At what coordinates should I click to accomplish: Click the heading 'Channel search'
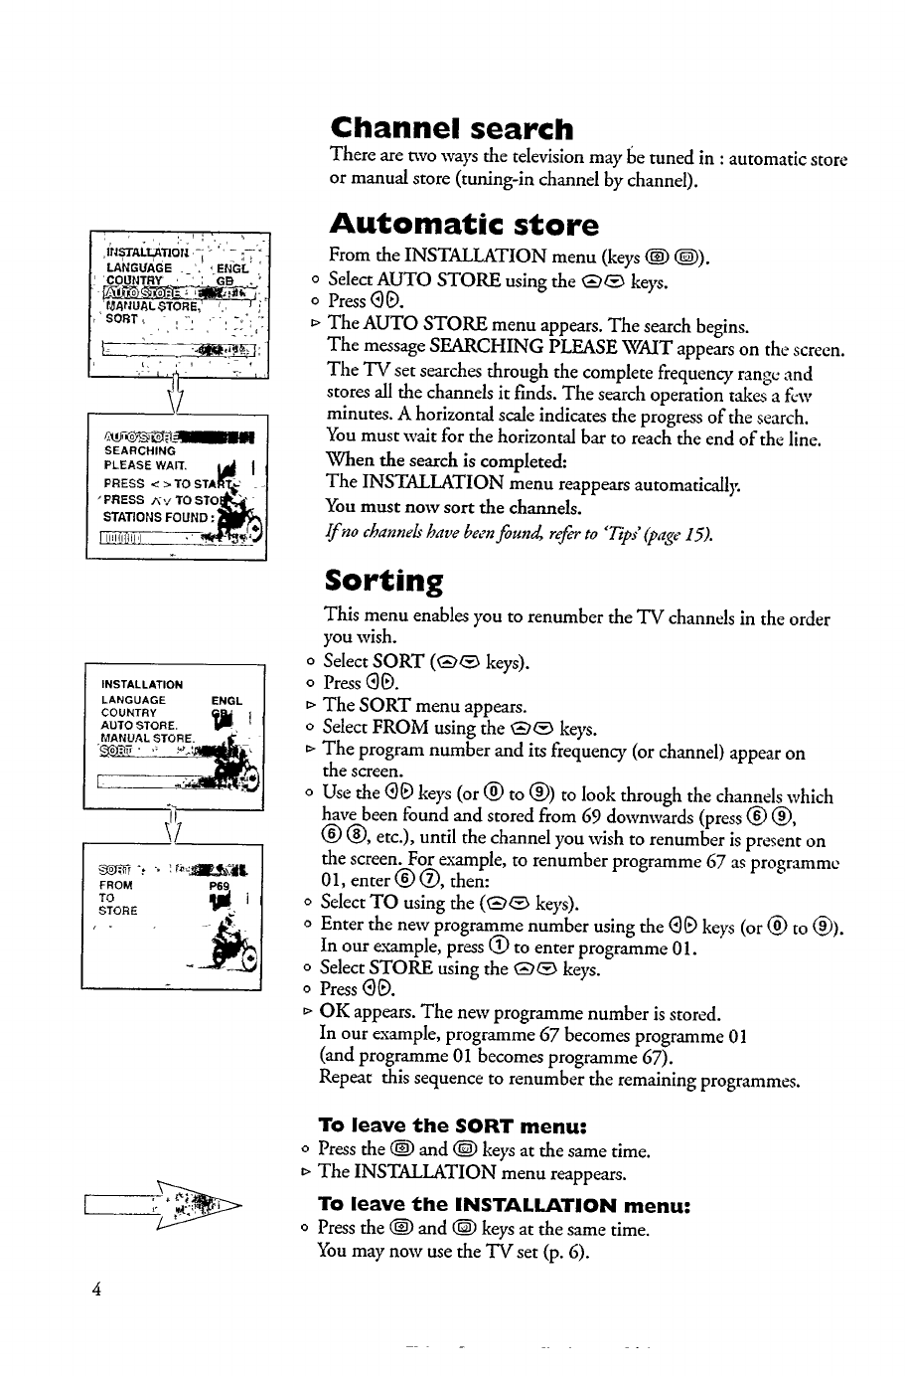click(x=452, y=129)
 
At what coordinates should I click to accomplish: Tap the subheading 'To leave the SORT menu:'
click(x=453, y=1125)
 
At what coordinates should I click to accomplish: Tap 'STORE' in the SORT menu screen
click(x=119, y=909)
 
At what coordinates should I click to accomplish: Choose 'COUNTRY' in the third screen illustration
click(x=129, y=713)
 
